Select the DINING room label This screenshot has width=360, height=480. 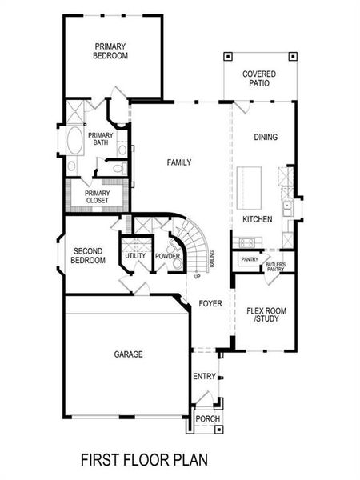pos(266,137)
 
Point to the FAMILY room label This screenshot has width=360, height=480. pos(178,162)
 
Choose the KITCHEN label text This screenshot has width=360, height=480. pos(258,218)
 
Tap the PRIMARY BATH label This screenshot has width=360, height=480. pos(101,139)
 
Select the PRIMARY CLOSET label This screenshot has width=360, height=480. pos(97,196)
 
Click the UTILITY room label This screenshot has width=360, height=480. pos(134,255)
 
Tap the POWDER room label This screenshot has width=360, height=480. pos(167,255)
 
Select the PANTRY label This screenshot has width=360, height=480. pos(248,259)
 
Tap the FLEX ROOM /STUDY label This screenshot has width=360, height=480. pos(266,314)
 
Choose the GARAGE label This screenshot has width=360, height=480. pos(128,353)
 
